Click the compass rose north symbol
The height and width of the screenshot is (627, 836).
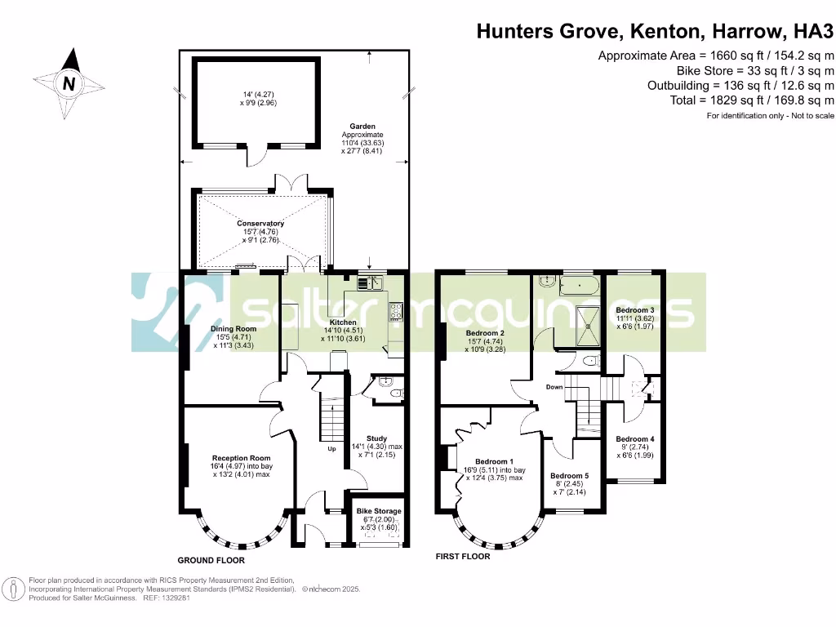tap(69, 82)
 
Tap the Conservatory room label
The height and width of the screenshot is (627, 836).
tap(260, 223)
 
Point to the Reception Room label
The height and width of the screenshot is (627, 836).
tap(241, 458)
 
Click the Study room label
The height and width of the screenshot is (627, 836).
tap(376, 438)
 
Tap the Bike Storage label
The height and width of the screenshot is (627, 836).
tap(379, 511)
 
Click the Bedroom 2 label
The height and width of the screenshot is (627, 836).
tap(485, 333)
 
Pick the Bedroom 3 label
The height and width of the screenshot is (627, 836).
tap(634, 310)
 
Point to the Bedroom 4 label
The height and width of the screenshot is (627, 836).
tap(634, 439)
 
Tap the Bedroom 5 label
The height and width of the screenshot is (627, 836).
tap(568, 476)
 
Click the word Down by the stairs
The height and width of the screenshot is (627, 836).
tap(555, 387)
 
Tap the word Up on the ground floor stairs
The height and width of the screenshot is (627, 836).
tap(331, 448)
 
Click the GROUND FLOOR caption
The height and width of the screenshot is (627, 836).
tap(211, 561)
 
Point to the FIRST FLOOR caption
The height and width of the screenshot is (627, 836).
tap(463, 557)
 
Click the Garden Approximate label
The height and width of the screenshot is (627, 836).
tap(362, 131)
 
